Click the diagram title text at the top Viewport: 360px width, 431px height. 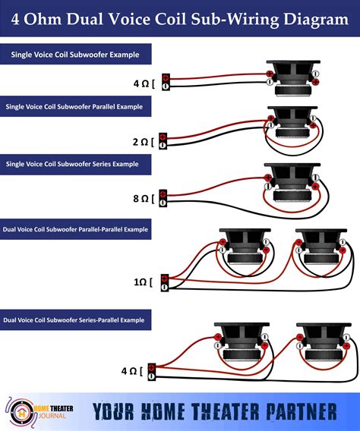click(180, 20)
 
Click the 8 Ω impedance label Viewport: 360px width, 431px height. click(142, 199)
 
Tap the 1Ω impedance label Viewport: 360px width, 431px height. click(142, 282)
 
